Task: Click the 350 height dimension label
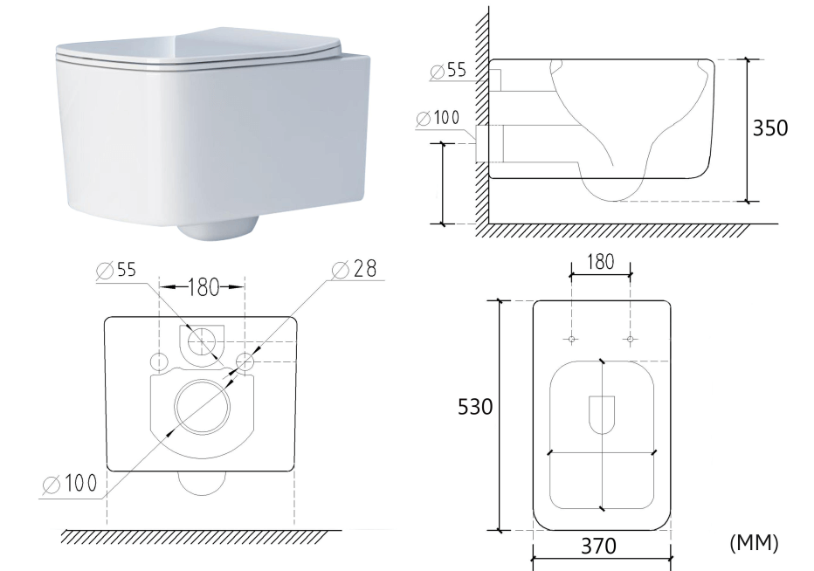[x=770, y=127]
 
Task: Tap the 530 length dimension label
[x=475, y=407]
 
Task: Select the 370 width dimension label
[x=598, y=546]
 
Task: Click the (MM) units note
[x=754, y=543]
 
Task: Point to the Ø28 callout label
[x=354, y=269]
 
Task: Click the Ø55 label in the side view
[x=449, y=71]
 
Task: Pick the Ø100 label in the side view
[x=438, y=118]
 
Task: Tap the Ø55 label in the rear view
[x=116, y=270]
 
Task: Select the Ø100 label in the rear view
[x=70, y=485]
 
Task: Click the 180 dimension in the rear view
[x=203, y=287]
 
